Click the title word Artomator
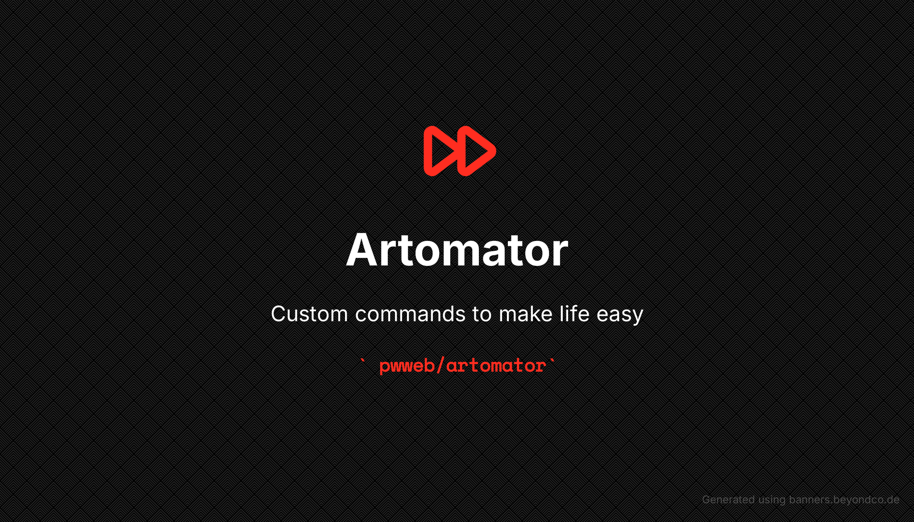click(457, 250)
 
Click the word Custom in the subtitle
click(309, 314)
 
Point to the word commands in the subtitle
click(411, 314)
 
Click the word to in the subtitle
click(482, 314)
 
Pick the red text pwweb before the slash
click(407, 366)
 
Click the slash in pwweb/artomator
click(440, 365)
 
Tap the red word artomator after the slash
click(496, 366)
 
